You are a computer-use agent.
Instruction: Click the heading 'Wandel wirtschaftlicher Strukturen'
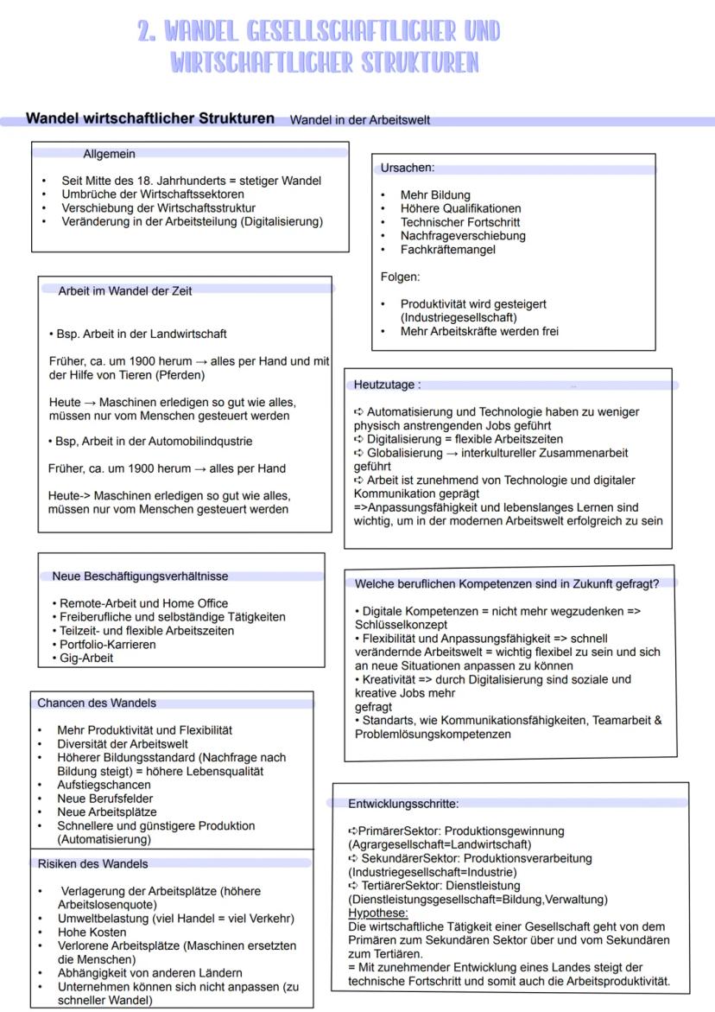[150, 118]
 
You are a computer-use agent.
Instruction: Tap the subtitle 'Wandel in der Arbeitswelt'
[359, 120]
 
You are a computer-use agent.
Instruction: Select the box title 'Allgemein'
[109, 154]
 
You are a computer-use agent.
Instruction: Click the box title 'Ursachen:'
[408, 168]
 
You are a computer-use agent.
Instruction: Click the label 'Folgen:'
[400, 277]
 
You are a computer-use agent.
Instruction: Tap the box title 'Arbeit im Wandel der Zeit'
[125, 291]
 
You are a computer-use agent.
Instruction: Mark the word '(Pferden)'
[180, 375]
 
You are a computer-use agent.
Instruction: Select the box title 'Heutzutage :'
[388, 385]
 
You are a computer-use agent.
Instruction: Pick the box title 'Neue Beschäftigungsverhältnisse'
[140, 576]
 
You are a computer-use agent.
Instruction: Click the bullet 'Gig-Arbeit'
[86, 658]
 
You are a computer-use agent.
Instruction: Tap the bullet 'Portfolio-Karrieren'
[108, 645]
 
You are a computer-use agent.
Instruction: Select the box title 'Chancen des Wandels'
[97, 703]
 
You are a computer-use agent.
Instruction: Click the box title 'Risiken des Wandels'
[92, 863]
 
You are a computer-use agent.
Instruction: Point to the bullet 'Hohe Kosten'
[92, 932]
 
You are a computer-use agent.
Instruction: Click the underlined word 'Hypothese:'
[378, 913]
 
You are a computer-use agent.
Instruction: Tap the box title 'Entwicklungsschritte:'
[403, 803]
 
